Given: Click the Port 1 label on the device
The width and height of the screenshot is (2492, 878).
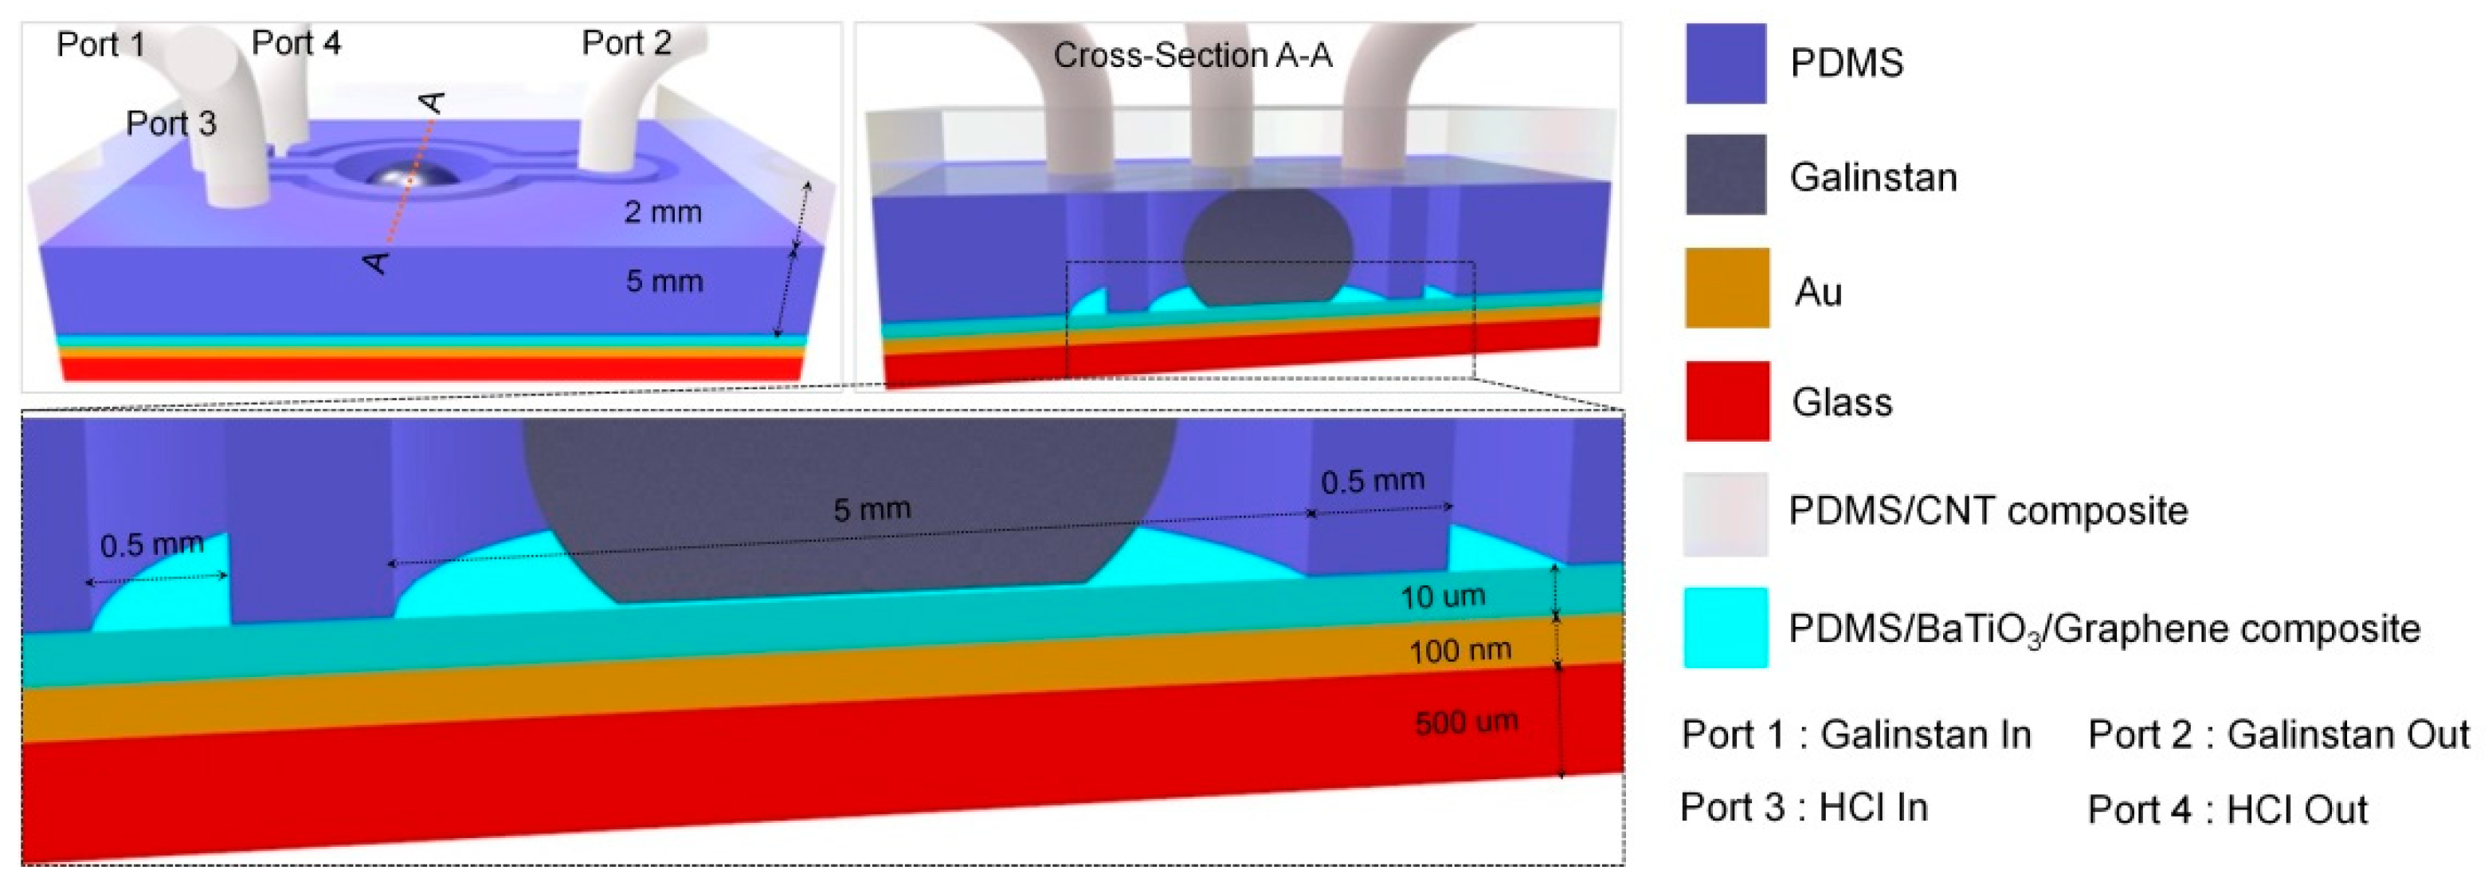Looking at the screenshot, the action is (x=100, y=45).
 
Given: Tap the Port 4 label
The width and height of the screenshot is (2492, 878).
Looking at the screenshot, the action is (x=296, y=42).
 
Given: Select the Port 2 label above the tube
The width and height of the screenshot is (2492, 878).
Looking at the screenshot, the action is (x=626, y=42).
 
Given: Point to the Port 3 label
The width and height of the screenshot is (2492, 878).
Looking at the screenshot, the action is (x=171, y=123).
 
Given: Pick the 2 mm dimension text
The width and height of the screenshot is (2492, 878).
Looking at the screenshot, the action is (x=663, y=212).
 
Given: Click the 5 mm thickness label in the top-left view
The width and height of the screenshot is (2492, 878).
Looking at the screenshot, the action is (x=664, y=282).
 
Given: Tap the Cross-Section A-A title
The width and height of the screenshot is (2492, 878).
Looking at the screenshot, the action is (x=1193, y=55).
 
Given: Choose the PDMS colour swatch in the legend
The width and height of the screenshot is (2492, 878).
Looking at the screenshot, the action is (x=1726, y=63).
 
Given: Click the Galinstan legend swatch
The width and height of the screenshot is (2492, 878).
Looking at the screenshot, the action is (x=1726, y=175).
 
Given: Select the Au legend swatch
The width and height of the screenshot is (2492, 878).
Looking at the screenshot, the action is (x=1726, y=289).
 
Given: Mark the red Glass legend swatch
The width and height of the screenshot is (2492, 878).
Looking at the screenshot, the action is (x=1726, y=401).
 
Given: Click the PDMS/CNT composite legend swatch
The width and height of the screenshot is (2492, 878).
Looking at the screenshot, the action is (x=1726, y=514).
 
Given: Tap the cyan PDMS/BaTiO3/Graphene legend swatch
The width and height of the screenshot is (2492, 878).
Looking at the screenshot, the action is (x=1726, y=628).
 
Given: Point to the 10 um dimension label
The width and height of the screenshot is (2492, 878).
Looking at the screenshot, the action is (x=1442, y=597).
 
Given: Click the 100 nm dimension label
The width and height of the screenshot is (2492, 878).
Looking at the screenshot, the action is (x=1460, y=652).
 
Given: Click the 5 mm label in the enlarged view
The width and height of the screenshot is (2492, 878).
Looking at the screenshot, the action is (x=872, y=510).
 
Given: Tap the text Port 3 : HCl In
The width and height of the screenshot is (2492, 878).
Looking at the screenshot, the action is (x=1804, y=807).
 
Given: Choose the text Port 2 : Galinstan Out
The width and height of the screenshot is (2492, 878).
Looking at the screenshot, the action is (x=2278, y=734).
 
